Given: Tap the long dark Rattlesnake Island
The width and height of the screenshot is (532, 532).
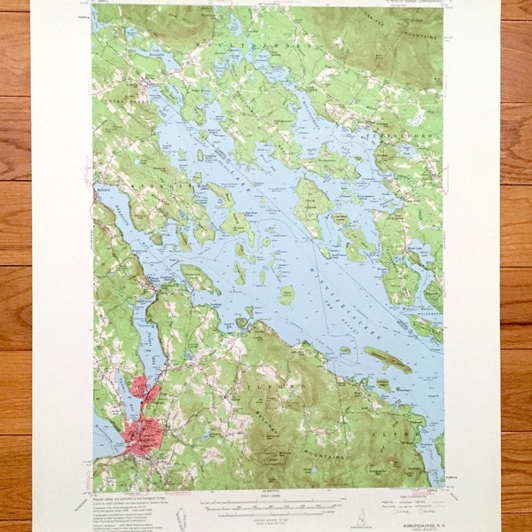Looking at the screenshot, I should point(387,359).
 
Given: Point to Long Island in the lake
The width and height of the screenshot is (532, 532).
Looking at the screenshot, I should point(312,207).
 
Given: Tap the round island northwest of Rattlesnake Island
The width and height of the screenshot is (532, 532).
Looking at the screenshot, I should point(286,295).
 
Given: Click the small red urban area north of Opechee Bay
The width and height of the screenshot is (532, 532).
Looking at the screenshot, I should point(139,386).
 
